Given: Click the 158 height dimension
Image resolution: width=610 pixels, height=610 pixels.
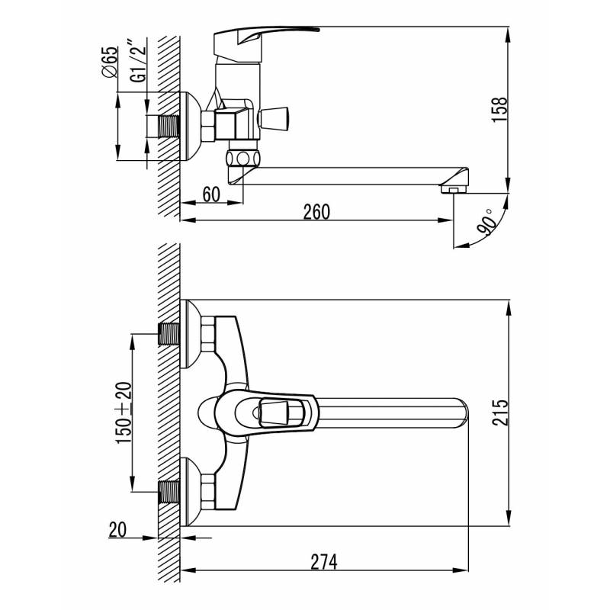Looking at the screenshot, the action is [499, 110].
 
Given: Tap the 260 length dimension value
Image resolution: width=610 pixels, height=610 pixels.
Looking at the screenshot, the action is [316, 212].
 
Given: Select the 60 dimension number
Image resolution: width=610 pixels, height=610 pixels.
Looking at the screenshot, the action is [211, 194].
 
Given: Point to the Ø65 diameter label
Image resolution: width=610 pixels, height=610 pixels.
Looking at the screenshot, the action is [108, 62].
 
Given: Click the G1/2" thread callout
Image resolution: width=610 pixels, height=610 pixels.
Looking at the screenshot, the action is [139, 60].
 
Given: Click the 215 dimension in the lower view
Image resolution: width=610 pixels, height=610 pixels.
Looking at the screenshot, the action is [500, 413].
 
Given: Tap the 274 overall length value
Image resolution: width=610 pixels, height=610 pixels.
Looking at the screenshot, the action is [324, 562].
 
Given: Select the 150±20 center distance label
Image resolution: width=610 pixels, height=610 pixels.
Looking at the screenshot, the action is [124, 413].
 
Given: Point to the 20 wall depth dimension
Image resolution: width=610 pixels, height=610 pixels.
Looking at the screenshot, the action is [118, 530].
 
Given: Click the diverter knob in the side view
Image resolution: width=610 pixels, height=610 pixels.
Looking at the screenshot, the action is [273, 119].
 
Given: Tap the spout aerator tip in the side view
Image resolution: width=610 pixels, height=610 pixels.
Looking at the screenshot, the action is [454, 189].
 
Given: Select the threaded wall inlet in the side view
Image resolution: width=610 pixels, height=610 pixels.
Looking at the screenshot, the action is [169, 127].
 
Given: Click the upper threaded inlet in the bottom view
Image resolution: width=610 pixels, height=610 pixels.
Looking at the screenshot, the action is [169, 334].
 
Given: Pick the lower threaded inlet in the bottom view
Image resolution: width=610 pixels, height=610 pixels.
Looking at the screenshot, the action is [169, 492].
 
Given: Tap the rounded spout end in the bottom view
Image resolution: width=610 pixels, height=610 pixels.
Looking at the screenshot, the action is [462, 413].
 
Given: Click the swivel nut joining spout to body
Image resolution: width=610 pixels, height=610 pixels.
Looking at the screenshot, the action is [242, 159].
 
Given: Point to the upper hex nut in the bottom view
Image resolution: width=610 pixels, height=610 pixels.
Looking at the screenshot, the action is [208, 334].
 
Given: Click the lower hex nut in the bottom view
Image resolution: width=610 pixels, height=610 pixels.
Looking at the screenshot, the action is [208, 492].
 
